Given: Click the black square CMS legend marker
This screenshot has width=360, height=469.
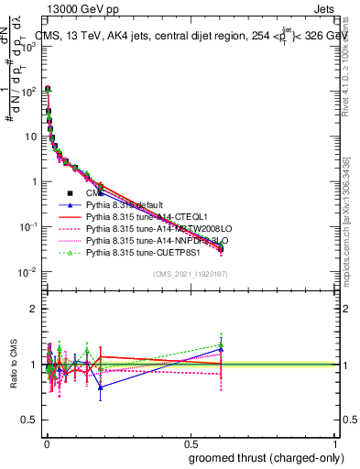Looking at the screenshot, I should pos(70,193).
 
